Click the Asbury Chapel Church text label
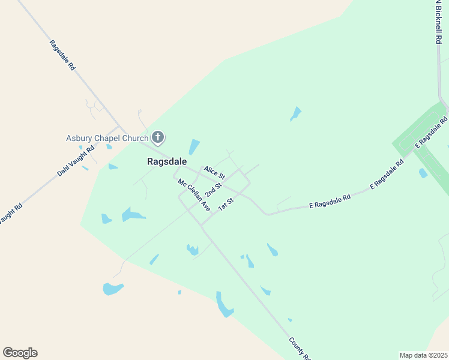(x=107, y=139)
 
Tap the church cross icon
(x=157, y=138)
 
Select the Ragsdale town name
(x=167, y=161)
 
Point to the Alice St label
(x=214, y=173)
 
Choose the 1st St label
(x=225, y=204)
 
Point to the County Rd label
(x=299, y=348)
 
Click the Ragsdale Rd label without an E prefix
(x=62, y=55)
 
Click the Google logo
(x=20, y=353)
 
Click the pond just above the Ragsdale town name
(x=194, y=147)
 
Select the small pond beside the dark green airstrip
(x=423, y=173)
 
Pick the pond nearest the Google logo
(x=112, y=289)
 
